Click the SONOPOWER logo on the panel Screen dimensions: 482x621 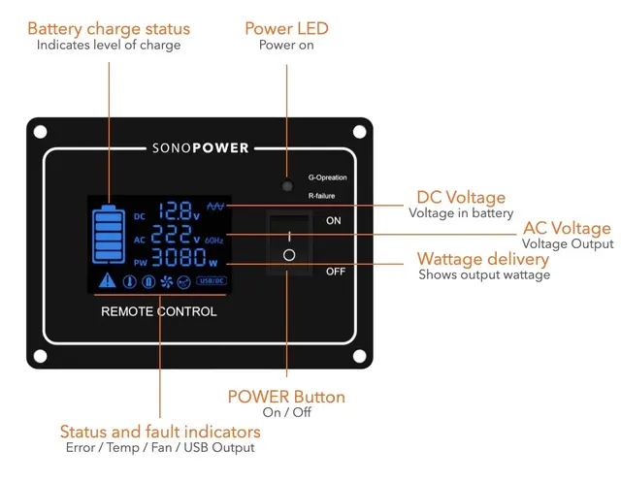click(x=201, y=148)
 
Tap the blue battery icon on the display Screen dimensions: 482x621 click(x=109, y=236)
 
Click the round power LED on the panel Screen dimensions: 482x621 click(x=287, y=184)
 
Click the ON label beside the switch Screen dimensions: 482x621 click(x=334, y=221)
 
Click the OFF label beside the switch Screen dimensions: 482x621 click(x=336, y=272)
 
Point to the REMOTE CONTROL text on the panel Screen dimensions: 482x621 click(x=159, y=312)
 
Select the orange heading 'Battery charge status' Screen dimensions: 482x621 click(x=109, y=28)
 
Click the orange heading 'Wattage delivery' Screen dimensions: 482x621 click(x=482, y=259)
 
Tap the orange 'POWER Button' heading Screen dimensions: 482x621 click(x=286, y=397)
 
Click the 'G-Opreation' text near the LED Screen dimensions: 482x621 click(x=327, y=177)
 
